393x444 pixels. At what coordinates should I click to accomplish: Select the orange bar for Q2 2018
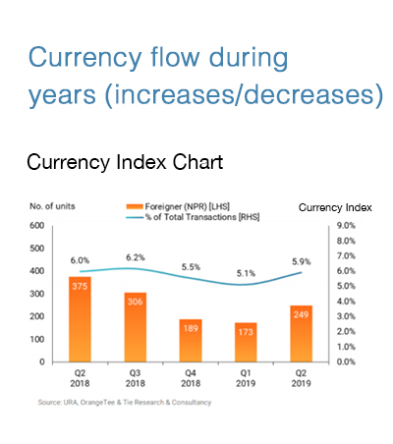coord(80,319)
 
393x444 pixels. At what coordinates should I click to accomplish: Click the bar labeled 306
coord(136,327)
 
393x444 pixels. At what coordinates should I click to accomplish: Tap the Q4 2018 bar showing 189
coord(191,341)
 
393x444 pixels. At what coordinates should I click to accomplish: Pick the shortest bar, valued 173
coord(246,342)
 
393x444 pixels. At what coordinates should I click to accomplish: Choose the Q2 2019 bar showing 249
coord(301,334)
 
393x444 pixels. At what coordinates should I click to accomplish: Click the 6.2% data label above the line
coord(136,257)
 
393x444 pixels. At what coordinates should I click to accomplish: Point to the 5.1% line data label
coord(246,273)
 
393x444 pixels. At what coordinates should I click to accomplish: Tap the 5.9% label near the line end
coord(302,262)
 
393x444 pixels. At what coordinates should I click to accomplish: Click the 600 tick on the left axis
coord(37,226)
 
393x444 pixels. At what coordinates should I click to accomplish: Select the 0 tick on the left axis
coord(42,361)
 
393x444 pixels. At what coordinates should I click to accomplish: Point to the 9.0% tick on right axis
coord(346,226)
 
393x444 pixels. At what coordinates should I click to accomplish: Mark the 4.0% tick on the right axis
coord(346,302)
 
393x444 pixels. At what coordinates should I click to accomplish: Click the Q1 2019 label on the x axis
coord(246,378)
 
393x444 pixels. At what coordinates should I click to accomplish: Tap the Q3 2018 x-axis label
coord(136,378)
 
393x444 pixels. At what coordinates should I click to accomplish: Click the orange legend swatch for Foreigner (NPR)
coord(135,206)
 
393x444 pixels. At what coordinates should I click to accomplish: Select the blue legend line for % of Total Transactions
coord(135,217)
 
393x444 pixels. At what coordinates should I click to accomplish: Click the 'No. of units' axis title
coord(52,206)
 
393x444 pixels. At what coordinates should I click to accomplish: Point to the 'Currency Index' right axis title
coord(335,207)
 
